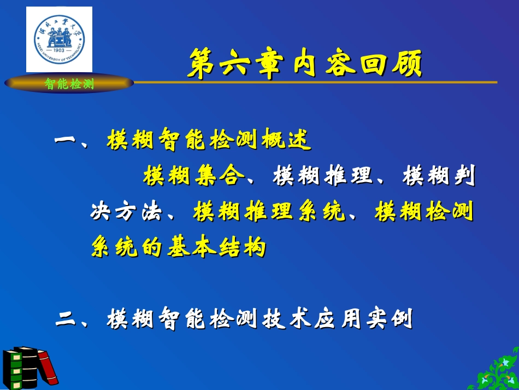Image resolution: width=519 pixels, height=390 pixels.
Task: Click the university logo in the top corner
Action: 59,39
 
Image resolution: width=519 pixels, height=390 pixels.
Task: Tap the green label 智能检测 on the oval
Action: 69,84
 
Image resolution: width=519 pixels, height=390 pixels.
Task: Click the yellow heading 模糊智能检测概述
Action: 209,140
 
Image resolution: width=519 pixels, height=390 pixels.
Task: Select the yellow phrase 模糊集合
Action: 194,176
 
